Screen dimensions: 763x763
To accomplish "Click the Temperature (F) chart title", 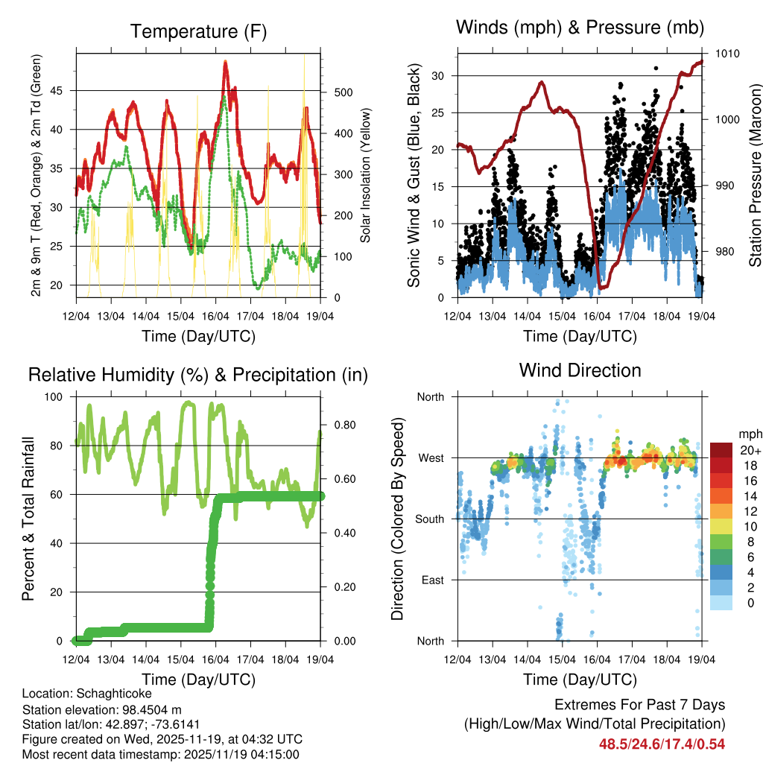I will point(198,31).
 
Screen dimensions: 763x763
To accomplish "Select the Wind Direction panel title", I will point(580,370).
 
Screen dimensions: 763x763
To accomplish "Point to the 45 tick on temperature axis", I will point(62,91).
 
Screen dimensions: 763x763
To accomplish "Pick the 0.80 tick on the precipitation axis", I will point(340,425).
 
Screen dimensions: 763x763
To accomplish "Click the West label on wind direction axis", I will point(430,458).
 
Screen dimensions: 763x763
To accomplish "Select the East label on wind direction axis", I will point(431,580).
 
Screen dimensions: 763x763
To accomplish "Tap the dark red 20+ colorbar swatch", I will point(723,450).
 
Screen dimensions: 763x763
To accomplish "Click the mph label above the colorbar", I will point(749,434).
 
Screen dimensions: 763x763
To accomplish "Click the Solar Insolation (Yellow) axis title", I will point(365,175).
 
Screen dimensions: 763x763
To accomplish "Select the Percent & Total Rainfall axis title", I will point(29,519).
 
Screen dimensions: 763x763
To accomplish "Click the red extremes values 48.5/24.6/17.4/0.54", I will point(662,743).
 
